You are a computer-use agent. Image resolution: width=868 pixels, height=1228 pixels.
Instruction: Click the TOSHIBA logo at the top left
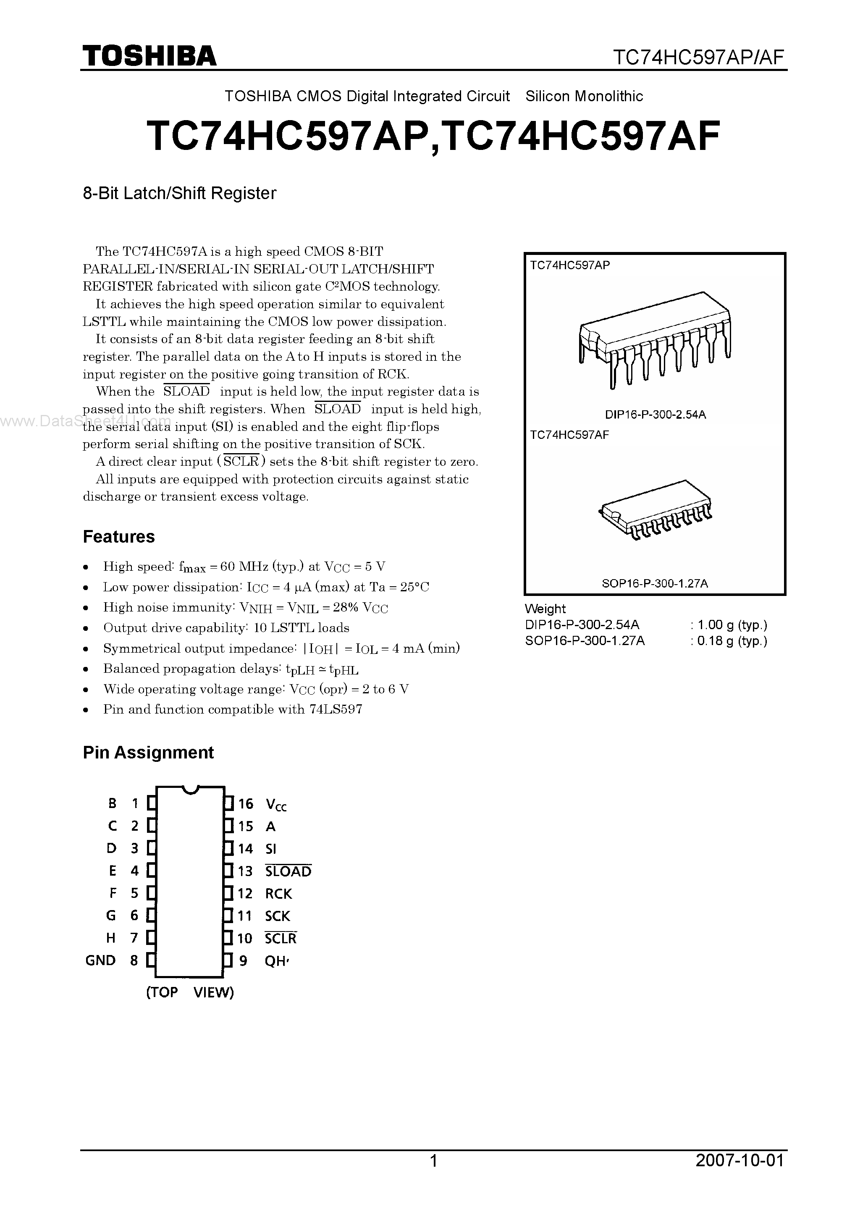click(x=149, y=55)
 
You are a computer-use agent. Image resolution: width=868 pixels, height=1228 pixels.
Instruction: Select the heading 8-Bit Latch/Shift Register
click(x=179, y=193)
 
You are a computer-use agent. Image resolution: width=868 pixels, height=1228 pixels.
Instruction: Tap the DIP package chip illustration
click(x=655, y=338)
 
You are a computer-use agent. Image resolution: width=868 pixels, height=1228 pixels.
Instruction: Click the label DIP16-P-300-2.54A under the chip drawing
click(x=655, y=415)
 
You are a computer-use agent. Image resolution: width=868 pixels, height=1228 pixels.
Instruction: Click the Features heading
click(x=119, y=536)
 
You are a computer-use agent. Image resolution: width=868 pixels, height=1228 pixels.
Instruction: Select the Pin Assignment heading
click(x=148, y=753)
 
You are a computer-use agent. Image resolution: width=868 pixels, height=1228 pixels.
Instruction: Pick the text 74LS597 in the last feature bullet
click(x=336, y=709)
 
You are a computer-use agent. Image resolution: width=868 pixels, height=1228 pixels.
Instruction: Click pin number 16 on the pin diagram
click(x=246, y=804)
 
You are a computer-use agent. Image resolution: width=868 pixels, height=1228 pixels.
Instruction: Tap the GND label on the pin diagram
click(x=100, y=960)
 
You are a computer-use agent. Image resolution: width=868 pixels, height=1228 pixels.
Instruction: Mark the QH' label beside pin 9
click(x=276, y=961)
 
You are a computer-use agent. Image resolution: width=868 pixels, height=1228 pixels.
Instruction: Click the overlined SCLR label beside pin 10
click(x=280, y=939)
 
